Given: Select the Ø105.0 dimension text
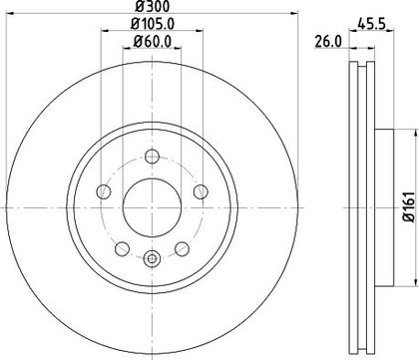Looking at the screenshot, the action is coord(153,24).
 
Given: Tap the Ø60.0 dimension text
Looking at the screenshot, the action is coord(153,41).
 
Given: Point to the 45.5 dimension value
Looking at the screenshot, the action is coord(371,24).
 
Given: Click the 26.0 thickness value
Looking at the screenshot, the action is coord(328,42).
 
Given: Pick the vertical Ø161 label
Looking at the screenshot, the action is coord(410,206).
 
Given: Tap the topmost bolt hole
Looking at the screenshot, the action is coord(152,157).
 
